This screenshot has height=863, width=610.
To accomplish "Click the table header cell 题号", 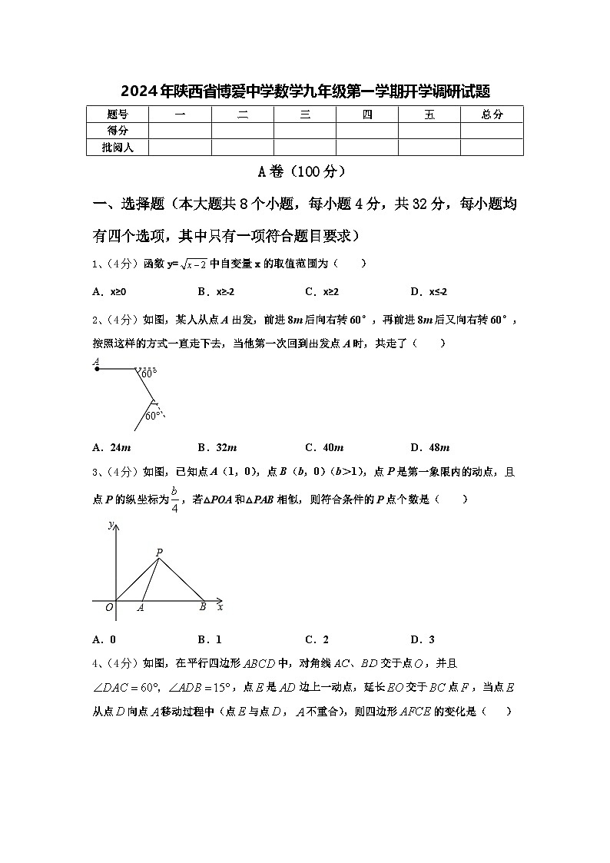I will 117,115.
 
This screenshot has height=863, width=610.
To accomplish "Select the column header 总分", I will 492,115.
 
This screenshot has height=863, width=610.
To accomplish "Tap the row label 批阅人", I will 117,147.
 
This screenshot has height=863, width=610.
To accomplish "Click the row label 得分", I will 117,131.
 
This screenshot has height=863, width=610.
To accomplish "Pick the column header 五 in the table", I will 429,115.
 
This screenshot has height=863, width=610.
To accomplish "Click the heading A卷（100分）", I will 304,172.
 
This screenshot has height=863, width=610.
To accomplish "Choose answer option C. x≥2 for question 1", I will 322,292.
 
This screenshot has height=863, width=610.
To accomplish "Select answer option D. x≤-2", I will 429,292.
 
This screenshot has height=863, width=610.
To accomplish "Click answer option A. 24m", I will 111,447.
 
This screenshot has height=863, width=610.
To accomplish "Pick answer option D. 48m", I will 429,447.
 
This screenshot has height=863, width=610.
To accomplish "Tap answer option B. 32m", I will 217,447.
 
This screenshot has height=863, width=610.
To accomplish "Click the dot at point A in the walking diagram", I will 97,369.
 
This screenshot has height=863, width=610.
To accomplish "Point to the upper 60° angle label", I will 148,373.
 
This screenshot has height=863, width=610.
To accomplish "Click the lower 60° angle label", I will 153,416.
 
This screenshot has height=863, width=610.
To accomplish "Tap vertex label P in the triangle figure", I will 159,552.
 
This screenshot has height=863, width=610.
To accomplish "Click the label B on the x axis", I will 203,607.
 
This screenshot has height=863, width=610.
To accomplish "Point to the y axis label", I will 111,525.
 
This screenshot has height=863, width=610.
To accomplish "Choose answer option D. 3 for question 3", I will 423,639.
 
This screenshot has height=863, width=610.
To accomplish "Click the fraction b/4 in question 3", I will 174,499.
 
